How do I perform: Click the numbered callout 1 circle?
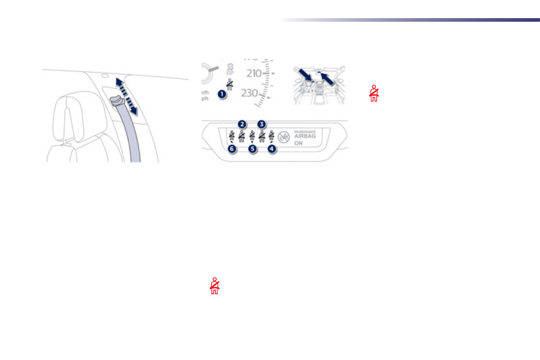[x=222, y=94]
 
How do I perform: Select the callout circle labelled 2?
[x=243, y=124]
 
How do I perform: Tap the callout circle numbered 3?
[x=261, y=124]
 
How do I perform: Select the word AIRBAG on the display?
[x=305, y=136]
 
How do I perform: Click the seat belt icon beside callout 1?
[x=230, y=84]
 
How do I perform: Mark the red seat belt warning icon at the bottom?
[x=214, y=286]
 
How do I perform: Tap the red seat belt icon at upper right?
[x=374, y=93]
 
